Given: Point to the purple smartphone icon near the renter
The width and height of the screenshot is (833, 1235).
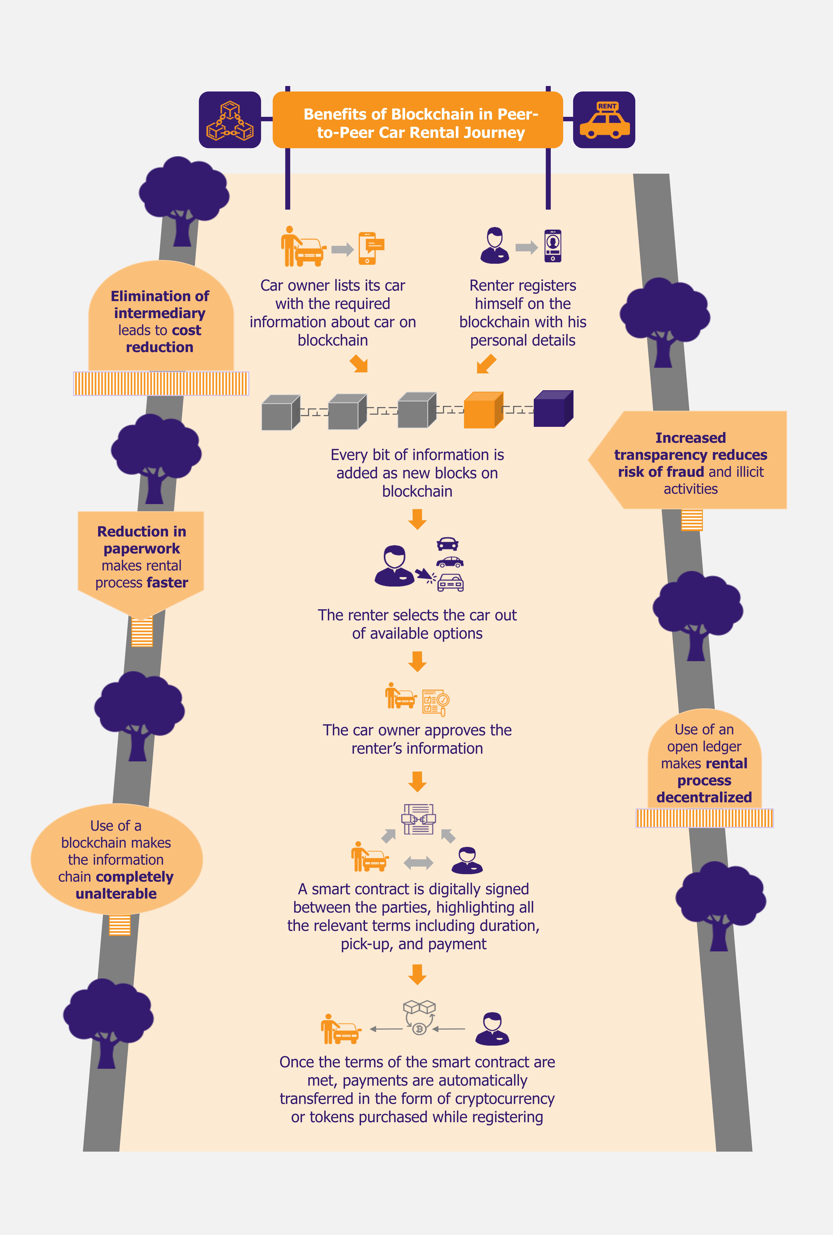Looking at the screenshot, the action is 552,246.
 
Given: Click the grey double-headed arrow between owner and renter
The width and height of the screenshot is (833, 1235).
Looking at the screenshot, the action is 419,863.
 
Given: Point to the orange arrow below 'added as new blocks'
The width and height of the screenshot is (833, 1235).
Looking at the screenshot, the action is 418,519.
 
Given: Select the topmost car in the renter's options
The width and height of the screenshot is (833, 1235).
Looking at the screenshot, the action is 447,544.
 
